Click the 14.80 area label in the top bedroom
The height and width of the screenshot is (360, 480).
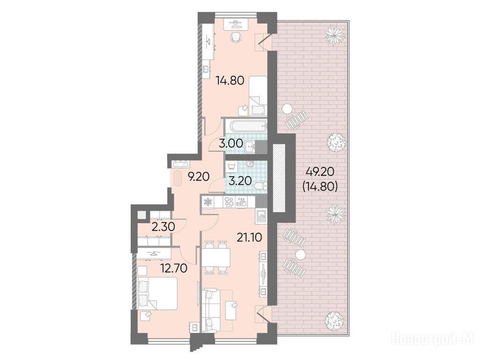[230, 81]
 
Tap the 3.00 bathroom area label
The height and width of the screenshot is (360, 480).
[231, 143]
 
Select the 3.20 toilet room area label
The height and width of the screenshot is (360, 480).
[240, 180]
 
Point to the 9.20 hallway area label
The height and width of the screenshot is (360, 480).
[199, 177]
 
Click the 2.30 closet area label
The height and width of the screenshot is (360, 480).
[164, 227]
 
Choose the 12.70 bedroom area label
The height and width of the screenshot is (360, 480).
[174, 269]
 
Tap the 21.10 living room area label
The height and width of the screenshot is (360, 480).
[249, 237]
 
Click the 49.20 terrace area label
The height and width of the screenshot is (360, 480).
[320, 172]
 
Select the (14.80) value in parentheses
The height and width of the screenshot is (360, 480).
[320, 186]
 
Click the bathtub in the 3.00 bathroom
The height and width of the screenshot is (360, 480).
[246, 126]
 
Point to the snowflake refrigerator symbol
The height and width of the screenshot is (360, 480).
[208, 202]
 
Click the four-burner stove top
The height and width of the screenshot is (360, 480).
[229, 202]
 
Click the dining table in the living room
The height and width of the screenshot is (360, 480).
[216, 257]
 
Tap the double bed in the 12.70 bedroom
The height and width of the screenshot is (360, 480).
[157, 293]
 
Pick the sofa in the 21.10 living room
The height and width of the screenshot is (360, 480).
[210, 311]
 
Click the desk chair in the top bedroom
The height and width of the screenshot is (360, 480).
[235, 37]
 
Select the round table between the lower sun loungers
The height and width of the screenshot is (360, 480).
[300, 254]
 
